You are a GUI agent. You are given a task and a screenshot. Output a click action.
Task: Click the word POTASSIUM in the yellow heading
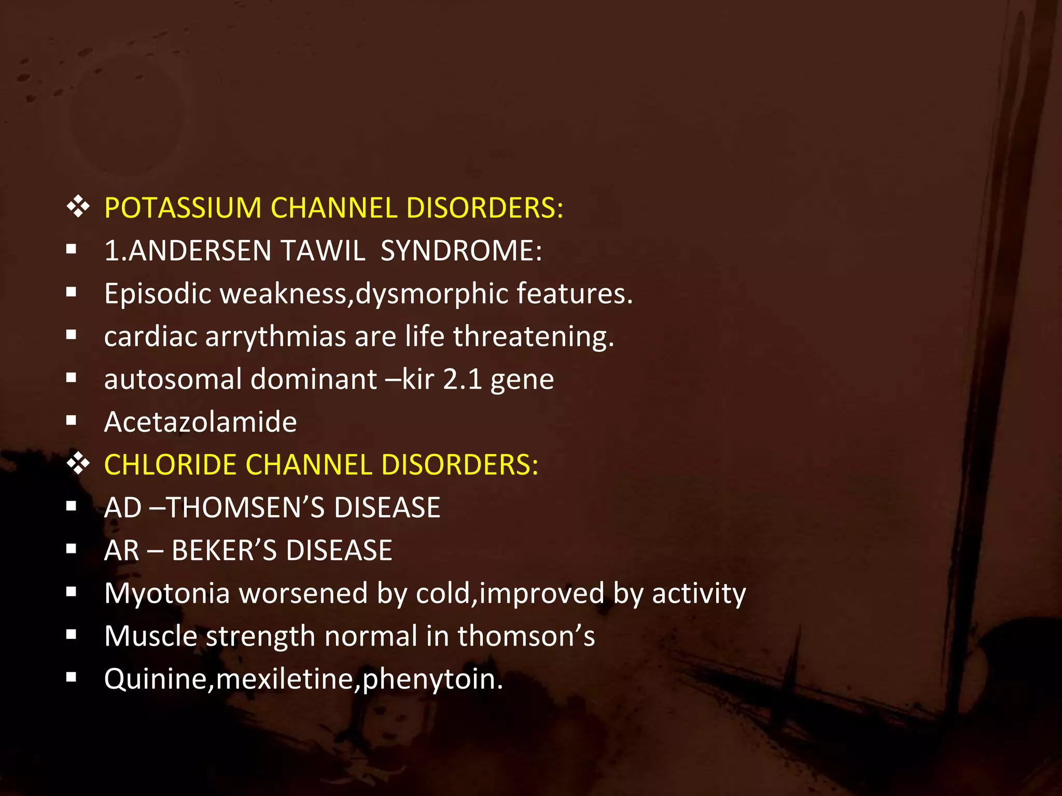tap(183, 208)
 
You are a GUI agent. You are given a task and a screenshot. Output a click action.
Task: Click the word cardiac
tap(150, 336)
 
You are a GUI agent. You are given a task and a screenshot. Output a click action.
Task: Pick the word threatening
tap(534, 337)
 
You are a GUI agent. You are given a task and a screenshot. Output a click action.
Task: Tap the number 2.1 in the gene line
tap(463, 379)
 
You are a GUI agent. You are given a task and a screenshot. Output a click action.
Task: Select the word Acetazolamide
tap(200, 422)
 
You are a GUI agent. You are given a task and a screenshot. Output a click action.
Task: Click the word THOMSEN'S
tap(245, 507)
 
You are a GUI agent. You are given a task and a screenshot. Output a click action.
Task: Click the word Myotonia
tap(167, 593)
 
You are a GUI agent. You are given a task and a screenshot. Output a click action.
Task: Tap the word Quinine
tap(156, 679)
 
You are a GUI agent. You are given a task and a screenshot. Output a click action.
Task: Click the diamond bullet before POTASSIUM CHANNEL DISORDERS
tap(78, 207)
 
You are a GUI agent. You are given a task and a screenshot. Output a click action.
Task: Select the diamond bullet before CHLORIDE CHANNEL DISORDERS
tap(78, 464)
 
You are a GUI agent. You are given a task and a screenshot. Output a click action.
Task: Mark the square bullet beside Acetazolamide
tap(72, 421)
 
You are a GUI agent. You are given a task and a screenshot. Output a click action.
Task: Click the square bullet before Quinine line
tap(72, 677)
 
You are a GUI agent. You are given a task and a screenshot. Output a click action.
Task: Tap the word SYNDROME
tap(461, 251)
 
